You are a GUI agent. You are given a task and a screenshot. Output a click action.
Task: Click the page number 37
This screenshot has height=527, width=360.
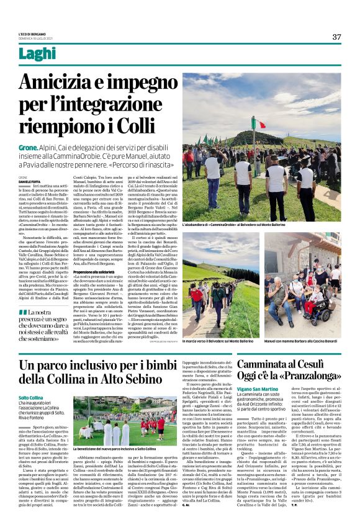336,37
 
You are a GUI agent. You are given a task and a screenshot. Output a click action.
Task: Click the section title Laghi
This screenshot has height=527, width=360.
37,54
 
